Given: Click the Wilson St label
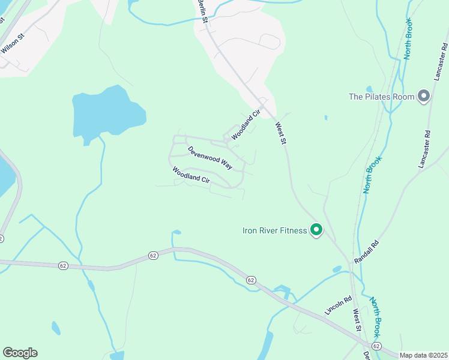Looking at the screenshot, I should [x=13, y=44].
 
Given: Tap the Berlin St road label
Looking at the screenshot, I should [x=203, y=11].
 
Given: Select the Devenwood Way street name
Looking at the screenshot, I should [x=209, y=157].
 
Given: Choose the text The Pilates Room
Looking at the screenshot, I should [x=382, y=96].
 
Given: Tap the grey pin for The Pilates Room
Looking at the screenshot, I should [x=424, y=96].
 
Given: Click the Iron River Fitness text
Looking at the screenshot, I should [x=275, y=230].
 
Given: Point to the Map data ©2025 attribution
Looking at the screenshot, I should [x=424, y=355].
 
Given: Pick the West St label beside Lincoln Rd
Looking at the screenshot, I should [x=357, y=319].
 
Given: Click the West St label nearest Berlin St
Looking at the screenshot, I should [x=281, y=133].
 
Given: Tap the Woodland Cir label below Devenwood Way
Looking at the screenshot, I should [x=191, y=178].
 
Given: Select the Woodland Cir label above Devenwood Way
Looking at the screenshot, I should [x=246, y=124].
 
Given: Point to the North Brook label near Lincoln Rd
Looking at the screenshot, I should [x=375, y=316].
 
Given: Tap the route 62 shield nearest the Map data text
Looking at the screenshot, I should [x=376, y=346].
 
